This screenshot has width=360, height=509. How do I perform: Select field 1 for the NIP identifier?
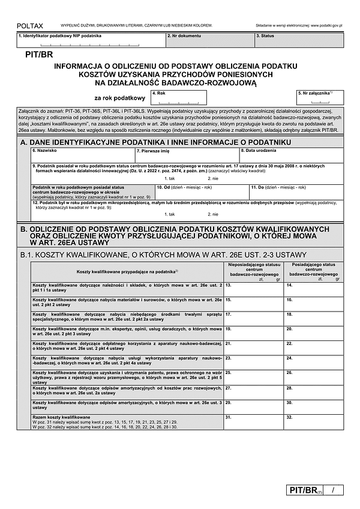pos(90,41)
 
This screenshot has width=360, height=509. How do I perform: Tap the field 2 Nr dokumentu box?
pos(209,41)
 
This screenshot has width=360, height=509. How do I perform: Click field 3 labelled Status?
pos(298,41)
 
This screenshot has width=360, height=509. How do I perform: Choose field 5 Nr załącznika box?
pos(320,98)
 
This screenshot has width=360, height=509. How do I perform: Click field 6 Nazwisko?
pos(83,155)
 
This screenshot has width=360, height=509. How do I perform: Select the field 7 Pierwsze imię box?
pos(187,155)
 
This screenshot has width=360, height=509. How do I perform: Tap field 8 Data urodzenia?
pos(291,155)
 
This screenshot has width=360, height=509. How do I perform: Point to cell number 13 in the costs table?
pos(253,288)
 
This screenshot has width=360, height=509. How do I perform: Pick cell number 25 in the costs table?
pos(253,377)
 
